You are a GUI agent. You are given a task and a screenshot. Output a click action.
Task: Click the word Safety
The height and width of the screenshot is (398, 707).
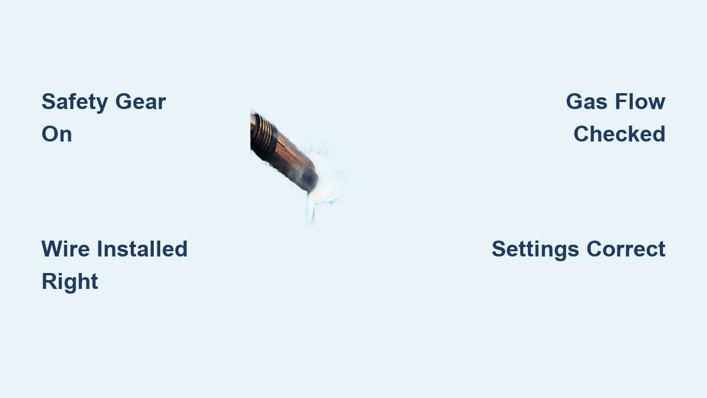click(x=75, y=103)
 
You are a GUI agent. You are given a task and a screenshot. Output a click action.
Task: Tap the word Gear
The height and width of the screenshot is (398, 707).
click(x=141, y=101)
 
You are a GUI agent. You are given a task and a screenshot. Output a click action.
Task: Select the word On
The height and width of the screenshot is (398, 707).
click(x=57, y=134)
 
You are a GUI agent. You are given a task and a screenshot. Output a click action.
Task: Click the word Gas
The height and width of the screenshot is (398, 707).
click(x=586, y=101)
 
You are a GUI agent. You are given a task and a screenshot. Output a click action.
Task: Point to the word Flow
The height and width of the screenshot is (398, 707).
click(x=640, y=101)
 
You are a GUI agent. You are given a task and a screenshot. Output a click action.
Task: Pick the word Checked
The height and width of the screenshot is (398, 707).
click(x=620, y=134)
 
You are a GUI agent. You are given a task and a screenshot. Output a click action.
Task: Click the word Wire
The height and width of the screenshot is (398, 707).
click(x=65, y=249)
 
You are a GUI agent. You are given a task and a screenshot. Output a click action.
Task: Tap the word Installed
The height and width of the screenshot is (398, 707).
click(x=143, y=249)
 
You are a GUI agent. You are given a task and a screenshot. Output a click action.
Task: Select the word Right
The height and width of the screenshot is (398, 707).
click(x=70, y=282)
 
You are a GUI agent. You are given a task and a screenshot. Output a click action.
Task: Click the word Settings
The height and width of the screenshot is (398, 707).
click(x=536, y=249)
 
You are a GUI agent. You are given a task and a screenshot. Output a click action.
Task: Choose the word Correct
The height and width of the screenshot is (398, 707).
click(x=626, y=249)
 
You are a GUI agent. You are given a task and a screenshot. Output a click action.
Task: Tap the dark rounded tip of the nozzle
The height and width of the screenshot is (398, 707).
click(x=309, y=179)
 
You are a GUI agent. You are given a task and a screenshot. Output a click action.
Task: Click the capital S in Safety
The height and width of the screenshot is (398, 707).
click(x=49, y=101)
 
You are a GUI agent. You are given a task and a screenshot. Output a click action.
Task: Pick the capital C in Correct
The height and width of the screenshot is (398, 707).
click(x=594, y=249)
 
